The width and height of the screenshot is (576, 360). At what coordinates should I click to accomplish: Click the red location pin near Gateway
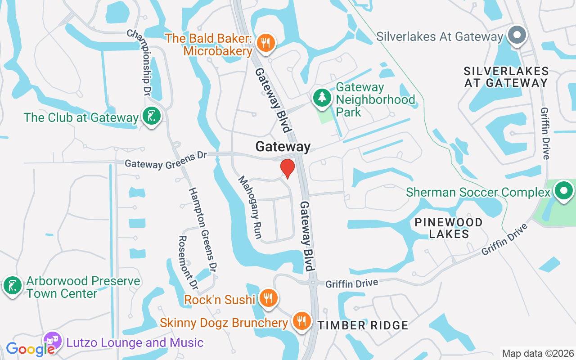[288, 168]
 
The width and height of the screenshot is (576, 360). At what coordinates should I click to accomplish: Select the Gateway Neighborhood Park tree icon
[322, 98]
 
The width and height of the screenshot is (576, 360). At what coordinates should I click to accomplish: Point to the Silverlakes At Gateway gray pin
[517, 35]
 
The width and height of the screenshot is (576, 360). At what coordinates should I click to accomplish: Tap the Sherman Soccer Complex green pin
[563, 191]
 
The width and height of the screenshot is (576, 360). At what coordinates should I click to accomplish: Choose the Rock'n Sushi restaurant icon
[268, 298]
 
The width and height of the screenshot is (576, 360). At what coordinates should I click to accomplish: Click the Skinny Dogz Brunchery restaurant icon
[301, 321]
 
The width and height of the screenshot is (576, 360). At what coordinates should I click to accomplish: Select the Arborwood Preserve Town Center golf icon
[12, 286]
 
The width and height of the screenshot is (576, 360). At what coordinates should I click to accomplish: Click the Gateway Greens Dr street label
[166, 160]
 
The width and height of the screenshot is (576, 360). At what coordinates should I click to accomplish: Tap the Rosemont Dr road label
[188, 262]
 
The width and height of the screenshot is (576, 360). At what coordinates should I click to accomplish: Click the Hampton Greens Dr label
[203, 229]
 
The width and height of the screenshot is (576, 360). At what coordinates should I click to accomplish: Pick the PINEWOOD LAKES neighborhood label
[448, 228]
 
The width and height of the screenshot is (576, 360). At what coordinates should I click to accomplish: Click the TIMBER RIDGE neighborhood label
[363, 325]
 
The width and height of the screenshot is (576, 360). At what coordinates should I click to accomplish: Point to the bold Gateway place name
[283, 147]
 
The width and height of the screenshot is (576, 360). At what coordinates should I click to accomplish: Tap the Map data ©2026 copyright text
[538, 353]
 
